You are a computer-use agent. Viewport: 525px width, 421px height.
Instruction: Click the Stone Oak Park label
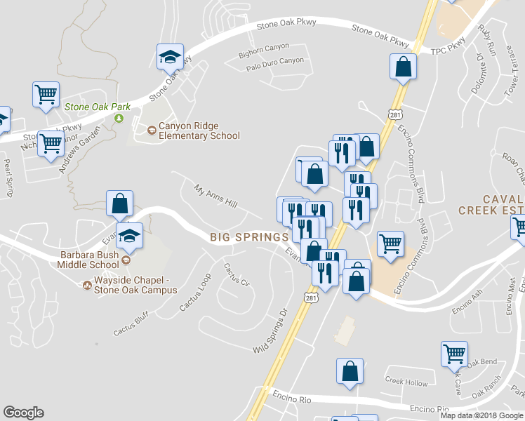tap(97, 107)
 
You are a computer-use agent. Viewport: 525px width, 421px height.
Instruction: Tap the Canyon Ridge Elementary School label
tap(199, 131)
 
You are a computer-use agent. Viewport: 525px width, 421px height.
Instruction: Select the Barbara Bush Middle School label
tap(89, 260)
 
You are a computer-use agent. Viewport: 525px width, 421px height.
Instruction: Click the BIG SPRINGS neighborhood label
tap(249, 238)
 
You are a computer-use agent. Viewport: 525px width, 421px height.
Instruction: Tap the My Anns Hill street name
tap(216, 201)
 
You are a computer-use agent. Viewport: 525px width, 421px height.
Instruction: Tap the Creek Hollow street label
tap(406, 382)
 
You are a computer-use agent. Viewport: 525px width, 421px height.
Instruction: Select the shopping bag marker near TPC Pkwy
tap(404, 67)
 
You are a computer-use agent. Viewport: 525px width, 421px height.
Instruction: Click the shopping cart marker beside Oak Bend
tap(455, 354)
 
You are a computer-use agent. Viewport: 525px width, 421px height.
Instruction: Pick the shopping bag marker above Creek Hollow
tap(350, 372)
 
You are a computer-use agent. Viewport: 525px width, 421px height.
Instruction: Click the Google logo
tap(23, 413)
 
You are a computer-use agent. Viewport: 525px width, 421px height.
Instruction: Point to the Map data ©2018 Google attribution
tap(481, 415)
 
